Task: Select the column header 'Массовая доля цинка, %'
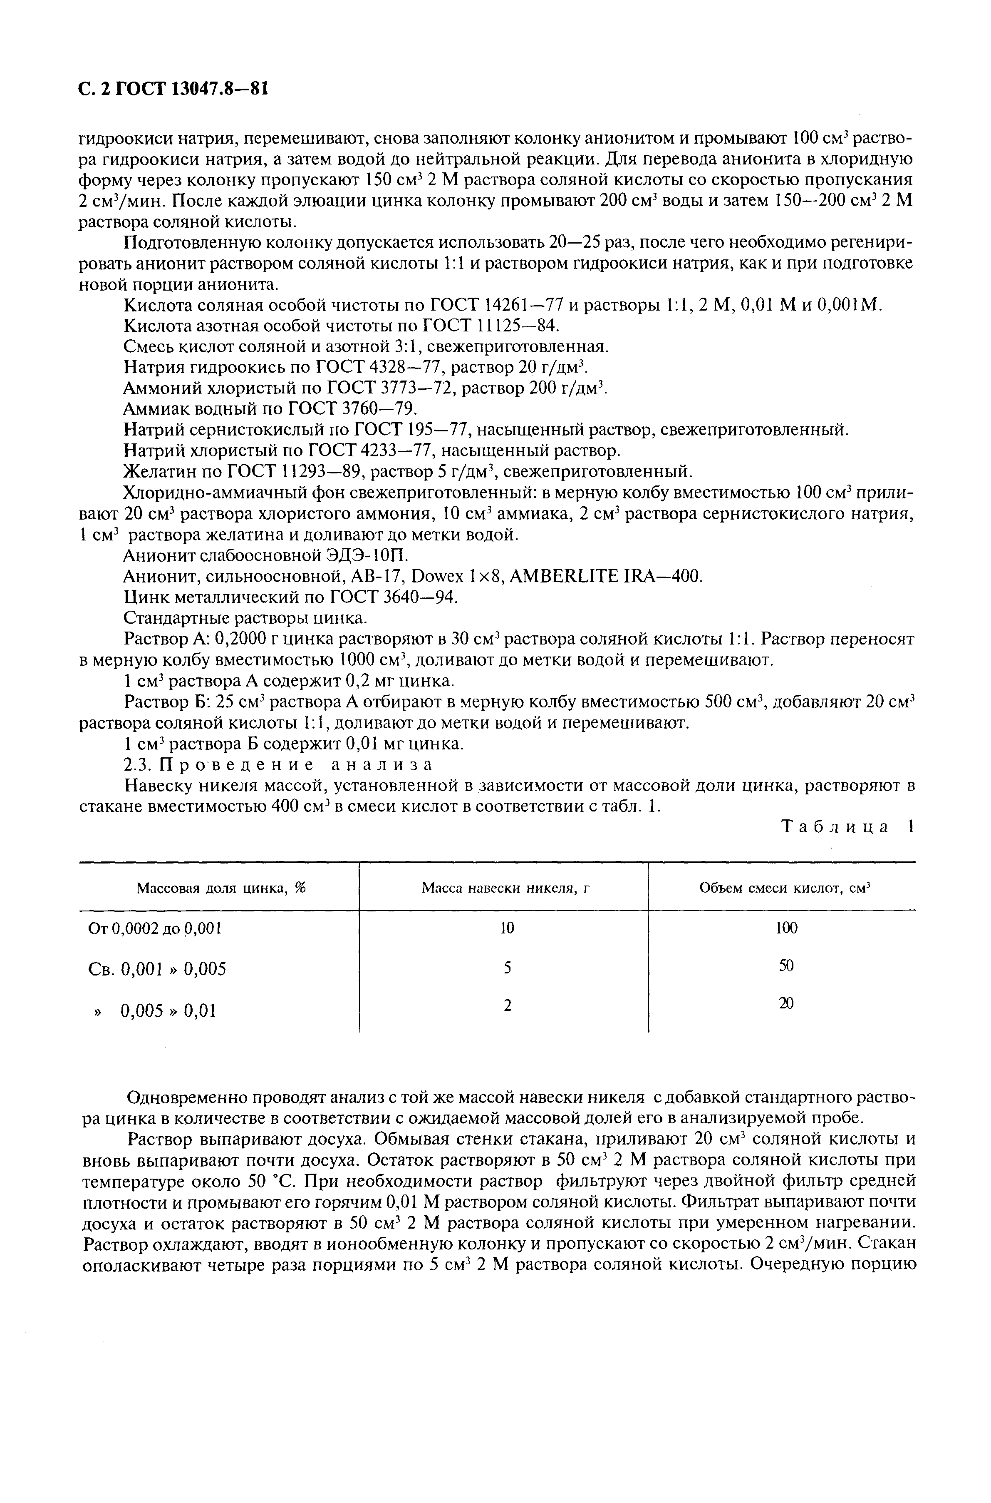(220, 888)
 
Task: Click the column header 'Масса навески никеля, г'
(505, 888)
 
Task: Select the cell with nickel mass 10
(507, 928)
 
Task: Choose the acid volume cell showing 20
(785, 1003)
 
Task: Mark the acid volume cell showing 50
(785, 966)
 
